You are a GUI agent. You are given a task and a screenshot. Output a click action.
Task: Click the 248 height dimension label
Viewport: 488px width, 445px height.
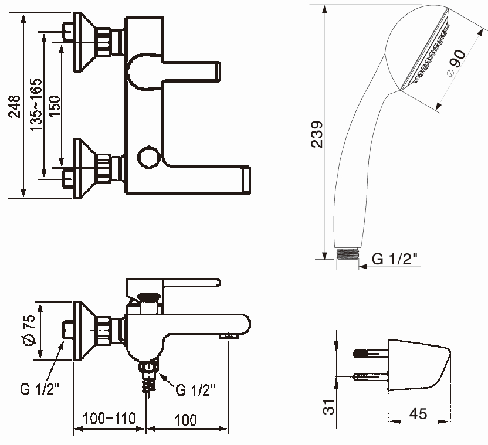[x=13, y=107]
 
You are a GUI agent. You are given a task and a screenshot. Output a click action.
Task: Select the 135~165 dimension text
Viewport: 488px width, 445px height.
[x=36, y=104]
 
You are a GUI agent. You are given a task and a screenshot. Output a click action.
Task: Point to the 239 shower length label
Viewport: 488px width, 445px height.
[x=316, y=134]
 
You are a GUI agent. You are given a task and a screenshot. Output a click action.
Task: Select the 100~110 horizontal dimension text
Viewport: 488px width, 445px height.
[x=109, y=419]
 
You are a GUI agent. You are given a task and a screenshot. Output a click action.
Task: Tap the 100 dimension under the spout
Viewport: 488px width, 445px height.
[x=185, y=419]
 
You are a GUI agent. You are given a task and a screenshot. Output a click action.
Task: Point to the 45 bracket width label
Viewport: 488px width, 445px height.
[x=417, y=414]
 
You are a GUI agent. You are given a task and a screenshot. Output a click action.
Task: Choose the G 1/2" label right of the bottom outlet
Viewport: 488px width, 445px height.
[x=195, y=389]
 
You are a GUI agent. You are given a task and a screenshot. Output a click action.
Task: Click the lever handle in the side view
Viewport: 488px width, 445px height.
[x=188, y=284]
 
